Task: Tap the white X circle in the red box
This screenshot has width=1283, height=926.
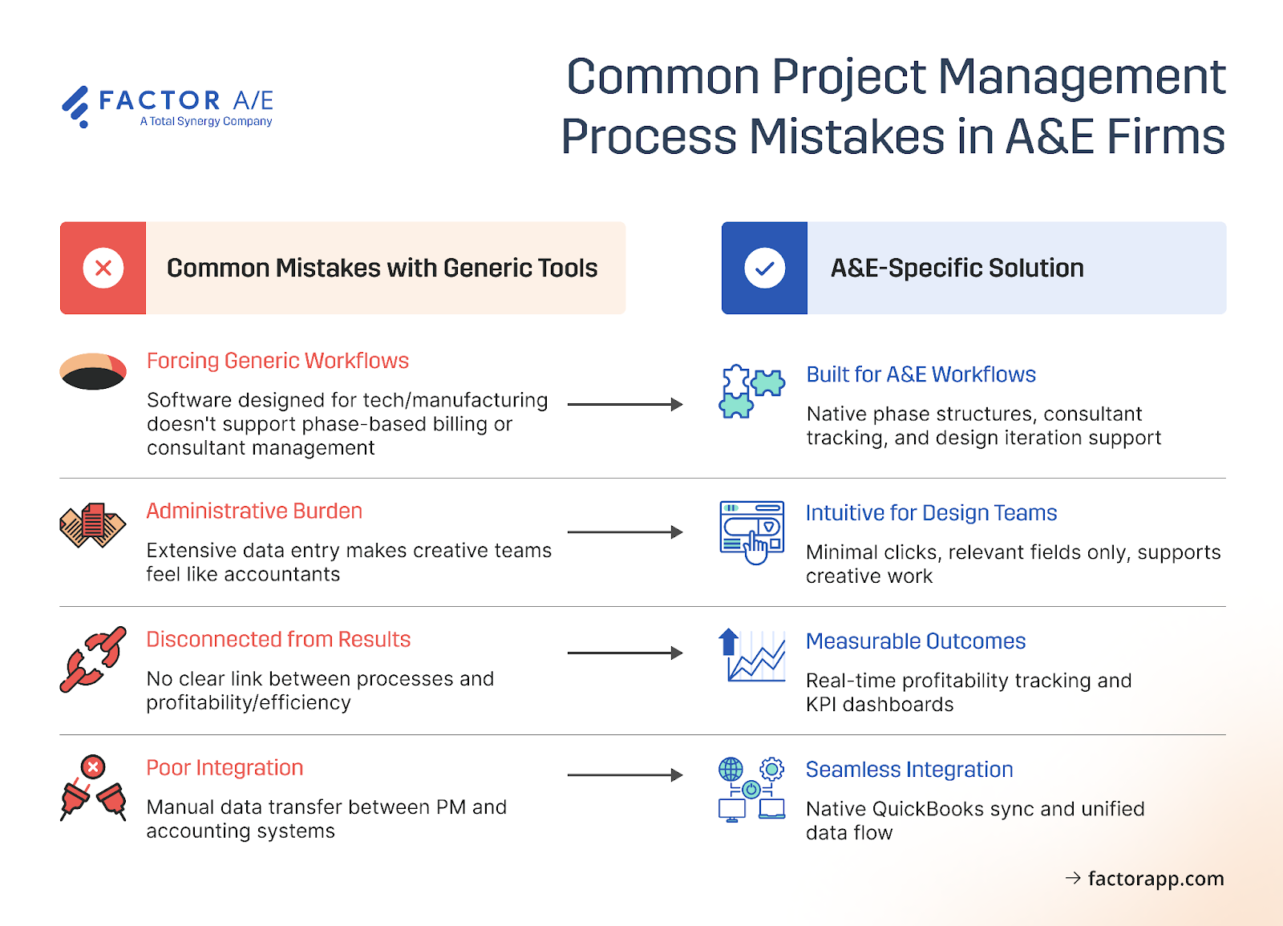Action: pyautogui.click(x=103, y=268)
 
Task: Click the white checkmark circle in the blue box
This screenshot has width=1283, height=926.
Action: pyautogui.click(x=764, y=268)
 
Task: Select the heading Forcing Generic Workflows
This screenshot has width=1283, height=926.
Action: pyautogui.click(x=277, y=361)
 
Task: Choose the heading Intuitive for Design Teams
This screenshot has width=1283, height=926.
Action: pyautogui.click(x=931, y=513)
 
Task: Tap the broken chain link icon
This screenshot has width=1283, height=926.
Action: pyautogui.click(x=93, y=659)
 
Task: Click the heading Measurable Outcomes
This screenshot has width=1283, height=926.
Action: pyautogui.click(x=915, y=641)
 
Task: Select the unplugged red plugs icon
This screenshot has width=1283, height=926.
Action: pyautogui.click(x=93, y=789)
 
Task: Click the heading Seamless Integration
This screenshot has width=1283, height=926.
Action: pyautogui.click(x=909, y=770)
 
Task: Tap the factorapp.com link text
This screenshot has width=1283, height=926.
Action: pyautogui.click(x=1155, y=879)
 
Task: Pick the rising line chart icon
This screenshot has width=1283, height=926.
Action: pyautogui.click(x=751, y=656)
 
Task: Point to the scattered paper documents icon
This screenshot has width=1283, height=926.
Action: pyautogui.click(x=92, y=525)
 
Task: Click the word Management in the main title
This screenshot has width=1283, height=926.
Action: pyautogui.click(x=1081, y=77)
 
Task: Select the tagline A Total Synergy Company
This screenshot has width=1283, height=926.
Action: pyautogui.click(x=206, y=122)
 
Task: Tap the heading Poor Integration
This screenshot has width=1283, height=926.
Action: pyautogui.click(x=225, y=768)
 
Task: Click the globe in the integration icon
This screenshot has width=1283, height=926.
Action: pyautogui.click(x=731, y=770)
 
